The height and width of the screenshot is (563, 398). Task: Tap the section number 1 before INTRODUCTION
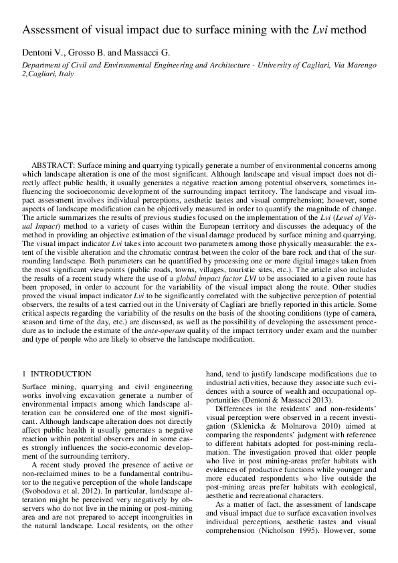click(x=24, y=374)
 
